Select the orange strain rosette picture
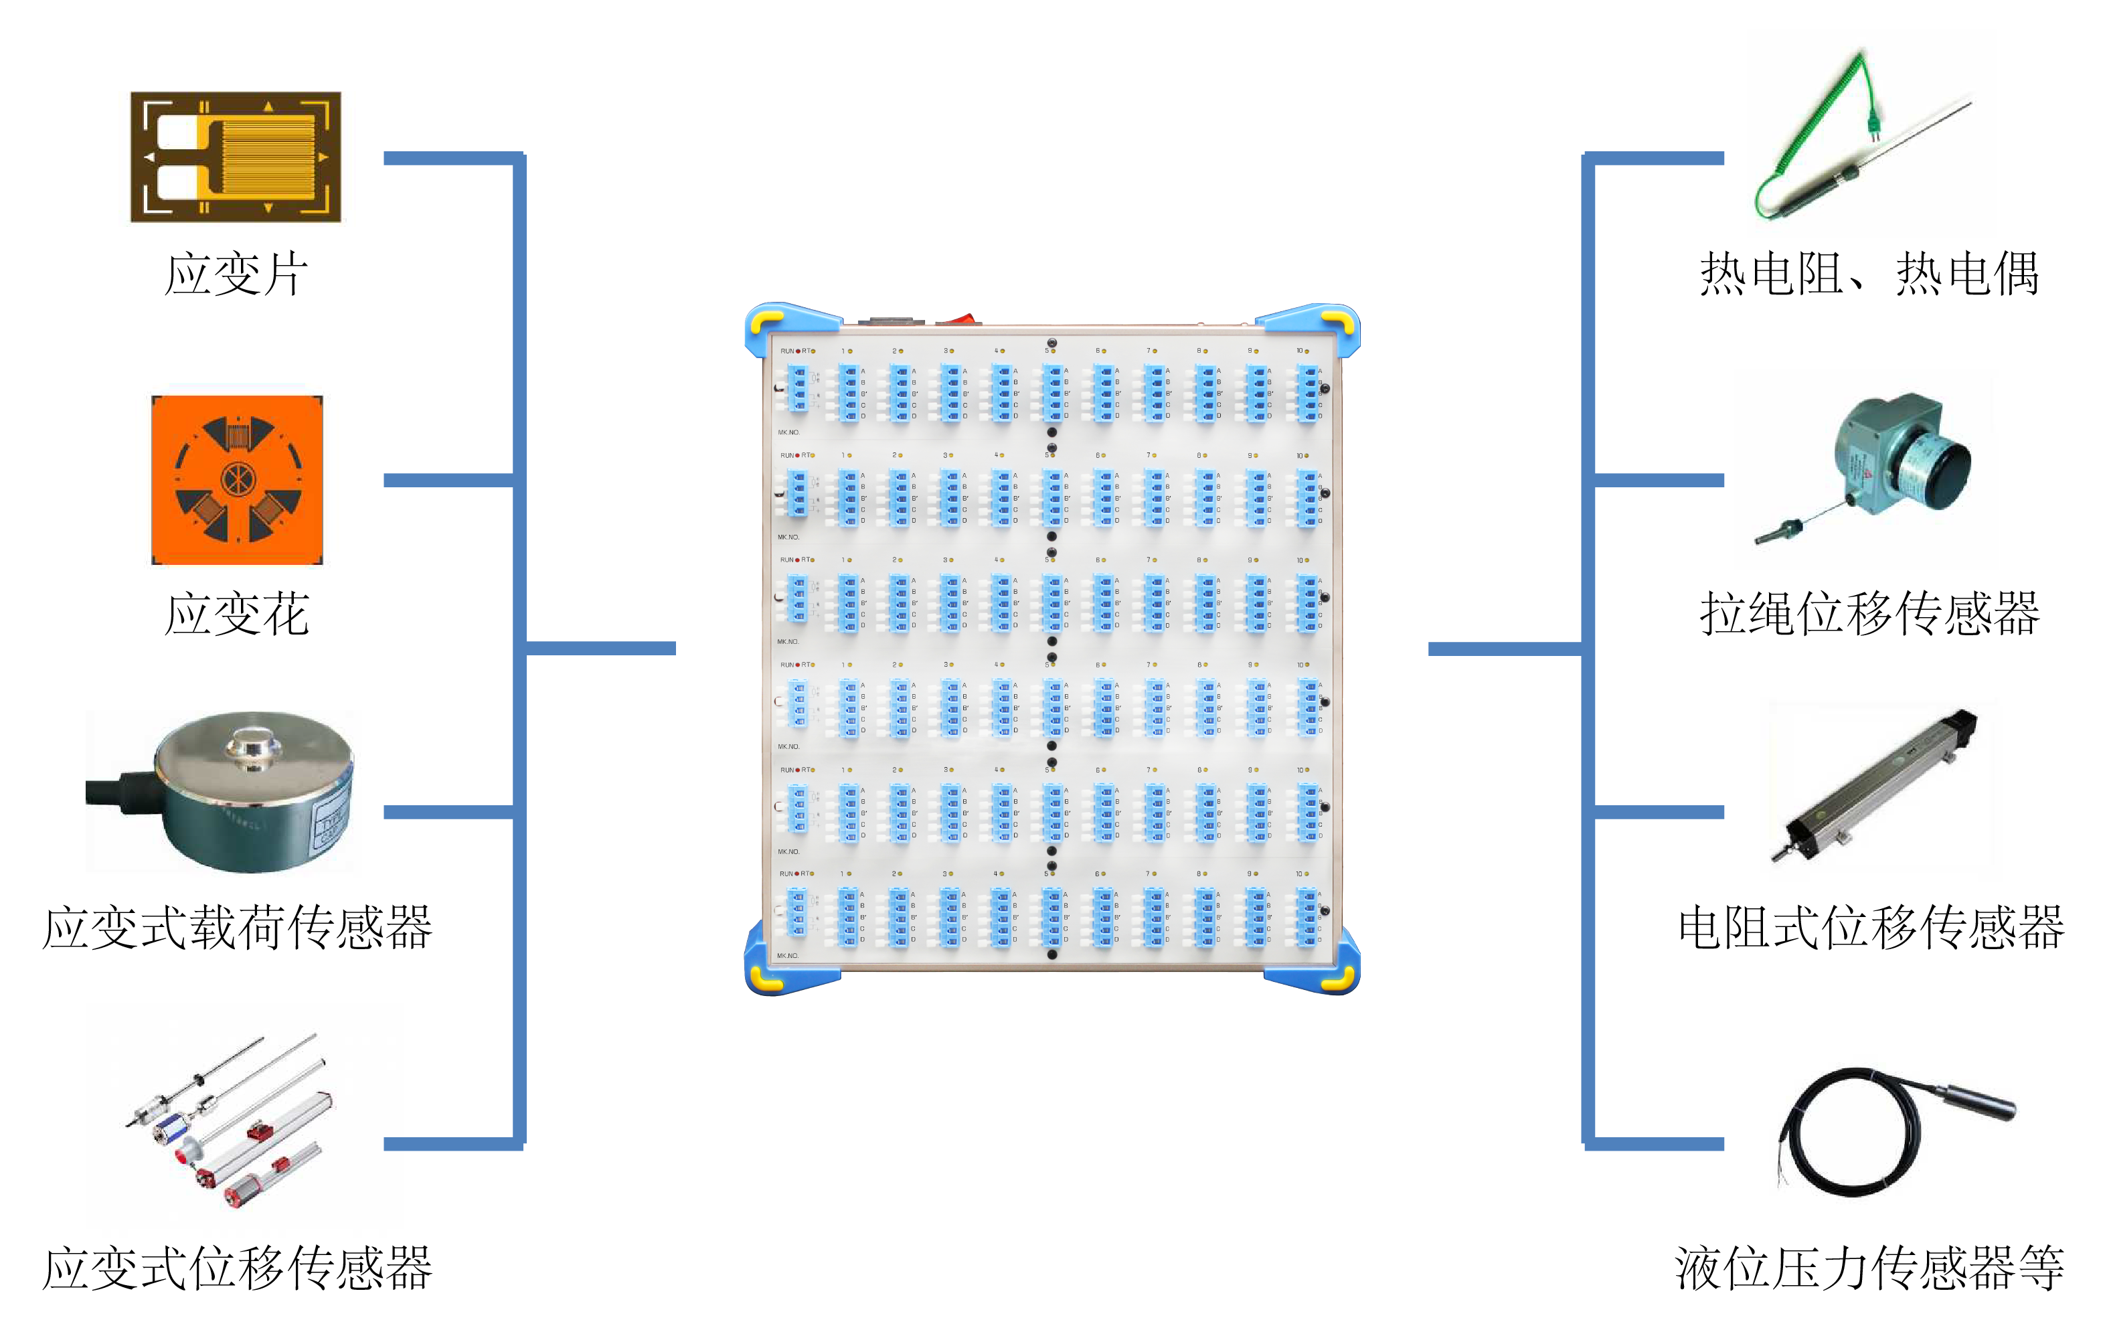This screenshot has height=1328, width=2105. pyautogui.click(x=237, y=480)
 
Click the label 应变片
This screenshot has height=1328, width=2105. pyautogui.click(x=236, y=274)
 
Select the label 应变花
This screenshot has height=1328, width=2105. pyautogui.click(x=236, y=614)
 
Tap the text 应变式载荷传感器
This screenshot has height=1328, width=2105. pyautogui.click(x=237, y=928)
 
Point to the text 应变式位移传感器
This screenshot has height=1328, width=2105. pyautogui.click(x=237, y=1268)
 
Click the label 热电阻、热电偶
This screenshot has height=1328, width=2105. pyautogui.click(x=1869, y=274)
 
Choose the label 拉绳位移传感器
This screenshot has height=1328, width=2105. pyautogui.click(x=1869, y=614)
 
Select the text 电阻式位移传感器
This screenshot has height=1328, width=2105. pyautogui.click(x=1871, y=928)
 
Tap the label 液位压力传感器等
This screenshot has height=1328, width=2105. pyautogui.click(x=1869, y=1268)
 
